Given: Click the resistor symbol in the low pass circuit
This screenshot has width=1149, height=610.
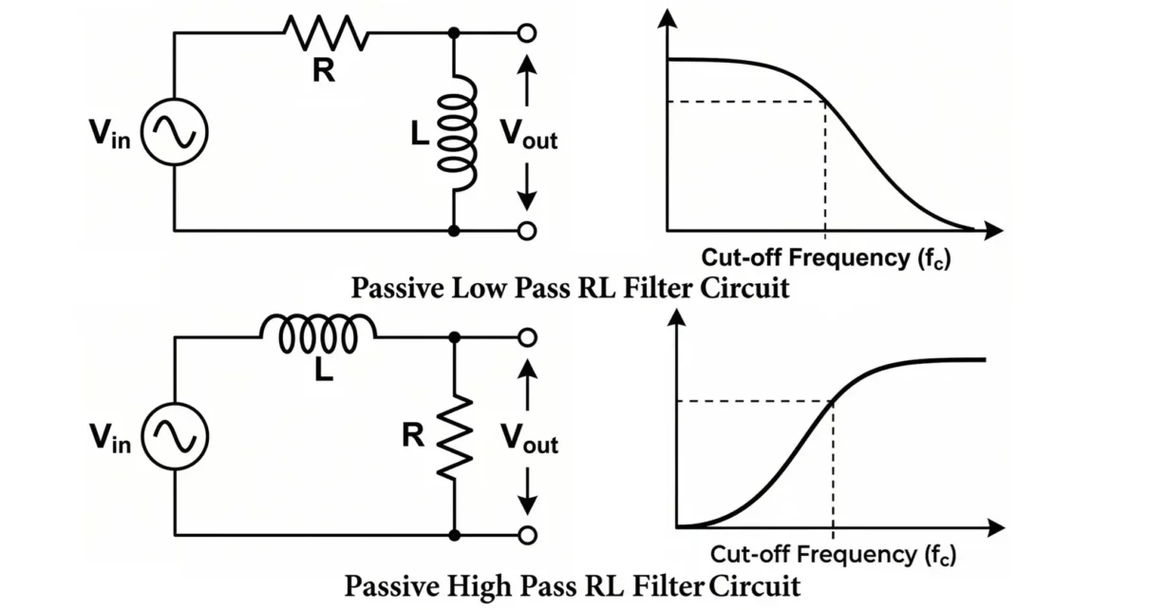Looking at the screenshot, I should pyautogui.click(x=325, y=34).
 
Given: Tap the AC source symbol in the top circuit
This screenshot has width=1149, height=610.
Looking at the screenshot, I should pyautogui.click(x=174, y=134).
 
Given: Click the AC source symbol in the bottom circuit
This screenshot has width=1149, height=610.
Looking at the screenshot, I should pyautogui.click(x=174, y=436).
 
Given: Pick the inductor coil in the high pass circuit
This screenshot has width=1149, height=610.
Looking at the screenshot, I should pyautogui.click(x=318, y=334).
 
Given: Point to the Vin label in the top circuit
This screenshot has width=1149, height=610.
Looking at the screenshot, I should pyautogui.click(x=110, y=136).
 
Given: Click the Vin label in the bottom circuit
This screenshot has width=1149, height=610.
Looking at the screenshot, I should pyautogui.click(x=110, y=438).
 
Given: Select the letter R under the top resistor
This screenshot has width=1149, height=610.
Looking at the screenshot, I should pyautogui.click(x=325, y=70).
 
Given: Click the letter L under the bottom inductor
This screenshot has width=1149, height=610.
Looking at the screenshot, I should pyautogui.click(x=325, y=372).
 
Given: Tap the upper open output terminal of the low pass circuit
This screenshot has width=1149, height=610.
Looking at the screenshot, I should pyautogui.click(x=528, y=34).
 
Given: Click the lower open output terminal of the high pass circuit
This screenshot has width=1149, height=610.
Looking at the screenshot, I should pyautogui.click(x=528, y=535).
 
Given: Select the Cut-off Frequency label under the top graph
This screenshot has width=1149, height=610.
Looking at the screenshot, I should pyautogui.click(x=824, y=257).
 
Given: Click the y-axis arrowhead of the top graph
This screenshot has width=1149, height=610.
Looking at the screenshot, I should pyautogui.click(x=669, y=16).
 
